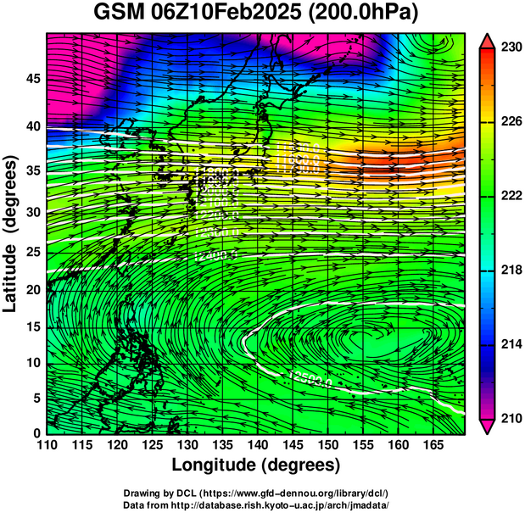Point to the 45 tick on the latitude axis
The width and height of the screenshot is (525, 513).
tap(31, 79)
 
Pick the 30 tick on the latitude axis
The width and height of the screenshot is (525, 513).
tap(31, 213)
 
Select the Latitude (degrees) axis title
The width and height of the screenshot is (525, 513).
tap(11, 233)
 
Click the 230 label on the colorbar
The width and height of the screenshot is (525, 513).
tap(510, 47)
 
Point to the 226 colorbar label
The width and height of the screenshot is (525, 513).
tap(510, 122)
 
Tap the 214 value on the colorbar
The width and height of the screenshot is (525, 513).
tap(510, 344)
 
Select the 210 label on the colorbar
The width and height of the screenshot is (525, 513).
tap(510, 418)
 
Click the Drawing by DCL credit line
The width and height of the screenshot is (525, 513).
tap(255, 493)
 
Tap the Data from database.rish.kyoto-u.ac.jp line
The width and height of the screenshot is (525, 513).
tap(255, 505)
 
